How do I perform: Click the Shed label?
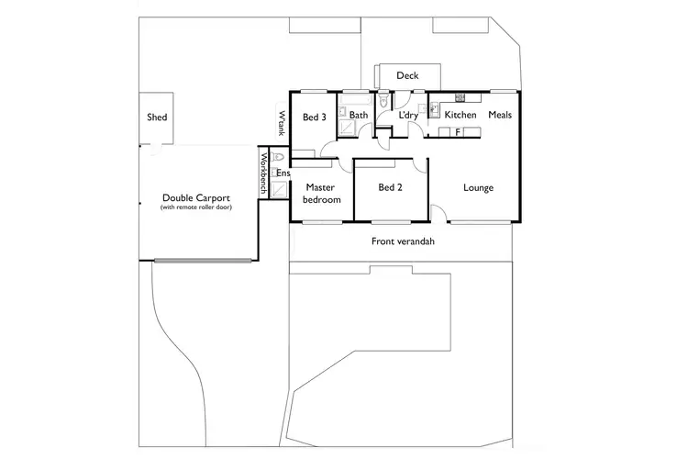[x=157, y=118]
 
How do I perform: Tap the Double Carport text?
[x=195, y=197]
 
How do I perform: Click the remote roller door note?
[x=195, y=207]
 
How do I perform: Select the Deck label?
[x=407, y=76]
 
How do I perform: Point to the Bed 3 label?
[x=315, y=117]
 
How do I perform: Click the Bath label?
[x=358, y=116]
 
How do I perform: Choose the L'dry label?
[x=408, y=116]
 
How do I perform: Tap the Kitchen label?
[x=460, y=116]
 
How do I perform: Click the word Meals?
[x=500, y=116]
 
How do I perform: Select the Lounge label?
[x=478, y=188]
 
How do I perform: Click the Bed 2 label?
[x=391, y=188]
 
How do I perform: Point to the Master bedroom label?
[x=322, y=194]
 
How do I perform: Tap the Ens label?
[x=283, y=174]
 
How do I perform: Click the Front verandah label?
[x=402, y=241]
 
